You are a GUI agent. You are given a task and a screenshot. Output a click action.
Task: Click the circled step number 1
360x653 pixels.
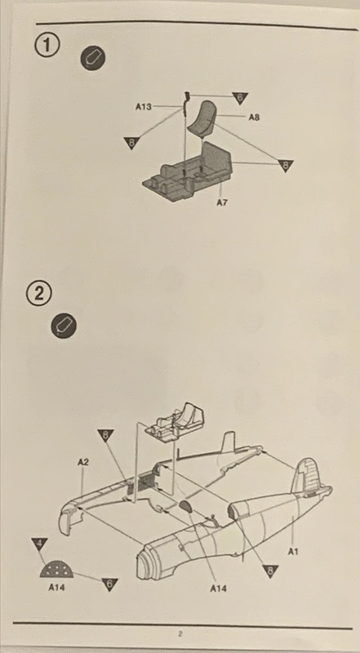coord(47,46)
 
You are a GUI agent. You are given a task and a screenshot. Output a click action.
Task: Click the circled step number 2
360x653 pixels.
coord(38,295)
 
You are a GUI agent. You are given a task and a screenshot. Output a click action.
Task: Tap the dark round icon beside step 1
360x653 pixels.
coord(92,58)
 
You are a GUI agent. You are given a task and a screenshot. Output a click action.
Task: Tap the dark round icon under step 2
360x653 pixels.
coord(64,326)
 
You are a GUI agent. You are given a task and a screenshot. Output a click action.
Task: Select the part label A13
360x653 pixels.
coord(144,107)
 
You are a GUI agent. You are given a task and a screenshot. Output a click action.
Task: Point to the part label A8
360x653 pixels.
coord(254,118)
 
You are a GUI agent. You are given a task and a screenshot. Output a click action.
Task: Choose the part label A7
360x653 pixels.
coord(222,202)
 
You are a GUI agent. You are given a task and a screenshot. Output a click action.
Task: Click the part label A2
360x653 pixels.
coord(83,462)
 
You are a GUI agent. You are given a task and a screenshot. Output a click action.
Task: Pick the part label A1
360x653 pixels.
coord(293,552)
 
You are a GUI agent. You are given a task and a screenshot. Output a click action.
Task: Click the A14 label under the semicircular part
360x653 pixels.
coord(56,588)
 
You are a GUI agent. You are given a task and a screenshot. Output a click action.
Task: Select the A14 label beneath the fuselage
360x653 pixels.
coord(218,589)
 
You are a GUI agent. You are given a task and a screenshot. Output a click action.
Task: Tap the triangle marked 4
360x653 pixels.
coord(39,543)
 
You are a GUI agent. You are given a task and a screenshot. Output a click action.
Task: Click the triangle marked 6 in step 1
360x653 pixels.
coord(240,97)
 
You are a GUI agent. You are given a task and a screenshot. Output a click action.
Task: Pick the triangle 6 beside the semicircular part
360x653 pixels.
coord(109,584)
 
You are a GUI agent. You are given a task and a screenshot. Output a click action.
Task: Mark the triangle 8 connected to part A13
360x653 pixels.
coord(131,142)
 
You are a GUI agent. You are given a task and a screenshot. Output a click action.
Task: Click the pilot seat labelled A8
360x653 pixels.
coord(203,118)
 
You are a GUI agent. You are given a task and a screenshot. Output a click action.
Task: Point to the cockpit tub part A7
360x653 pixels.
coord(187,171)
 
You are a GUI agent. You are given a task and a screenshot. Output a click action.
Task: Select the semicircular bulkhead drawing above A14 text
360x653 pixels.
coord(56,570)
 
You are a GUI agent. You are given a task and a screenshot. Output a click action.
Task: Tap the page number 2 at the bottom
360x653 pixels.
coord(180,634)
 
